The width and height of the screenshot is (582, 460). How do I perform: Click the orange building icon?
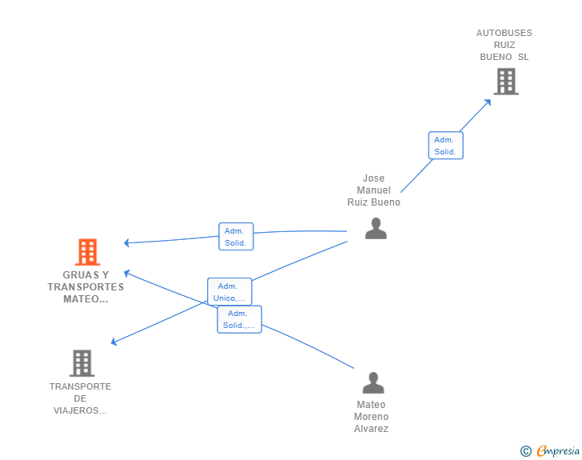point(88,252)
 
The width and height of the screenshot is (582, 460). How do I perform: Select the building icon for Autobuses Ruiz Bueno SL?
point(506,82)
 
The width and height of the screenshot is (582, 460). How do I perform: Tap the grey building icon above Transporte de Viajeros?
point(82,363)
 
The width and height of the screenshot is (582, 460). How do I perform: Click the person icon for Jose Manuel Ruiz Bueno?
point(376,228)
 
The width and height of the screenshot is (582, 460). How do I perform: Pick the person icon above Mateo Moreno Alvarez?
point(373,382)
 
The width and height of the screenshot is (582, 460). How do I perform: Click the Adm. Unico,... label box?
point(229,292)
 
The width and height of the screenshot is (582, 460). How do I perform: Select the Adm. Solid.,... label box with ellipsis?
point(239,319)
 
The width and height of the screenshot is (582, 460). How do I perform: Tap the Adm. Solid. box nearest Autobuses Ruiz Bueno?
point(445,146)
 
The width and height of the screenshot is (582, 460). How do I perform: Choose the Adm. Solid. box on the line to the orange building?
point(236,236)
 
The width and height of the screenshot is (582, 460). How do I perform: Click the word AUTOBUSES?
point(504,33)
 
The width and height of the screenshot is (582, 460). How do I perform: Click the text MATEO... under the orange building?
point(86,299)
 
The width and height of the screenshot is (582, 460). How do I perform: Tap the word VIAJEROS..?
point(80,410)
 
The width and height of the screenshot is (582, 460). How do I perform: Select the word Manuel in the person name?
point(373,190)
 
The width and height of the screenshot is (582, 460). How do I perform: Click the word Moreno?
point(371,417)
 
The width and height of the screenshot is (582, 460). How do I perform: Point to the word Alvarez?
point(371,429)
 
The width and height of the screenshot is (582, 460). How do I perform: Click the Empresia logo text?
point(558,450)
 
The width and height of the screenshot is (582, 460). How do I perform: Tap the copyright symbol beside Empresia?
point(525,451)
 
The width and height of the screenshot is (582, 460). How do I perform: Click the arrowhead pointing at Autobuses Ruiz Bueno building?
point(488,102)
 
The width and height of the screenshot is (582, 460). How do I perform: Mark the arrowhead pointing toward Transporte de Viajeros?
point(114,342)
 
